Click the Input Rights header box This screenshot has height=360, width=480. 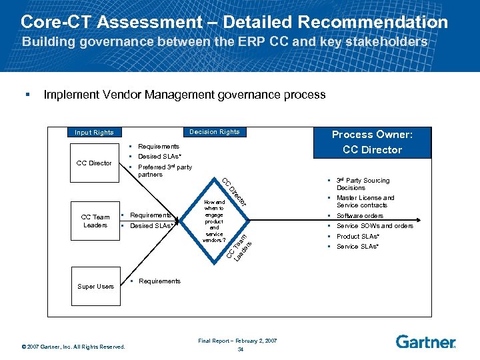click(94, 133)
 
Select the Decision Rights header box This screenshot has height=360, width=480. click(215, 132)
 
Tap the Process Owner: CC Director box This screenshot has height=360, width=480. click(372, 142)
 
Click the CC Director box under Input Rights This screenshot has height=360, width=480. click(95, 163)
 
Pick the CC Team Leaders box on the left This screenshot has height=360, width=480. click(95, 221)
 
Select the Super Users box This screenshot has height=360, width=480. click(95, 287)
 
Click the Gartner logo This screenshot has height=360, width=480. click(425, 342)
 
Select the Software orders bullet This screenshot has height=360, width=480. click(359, 216)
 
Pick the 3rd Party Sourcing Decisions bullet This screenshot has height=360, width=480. click(363, 184)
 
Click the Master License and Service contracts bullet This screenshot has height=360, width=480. click(365, 201)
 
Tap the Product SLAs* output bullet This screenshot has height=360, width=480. click(359, 237)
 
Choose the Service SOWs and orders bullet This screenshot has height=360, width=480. click(375, 226)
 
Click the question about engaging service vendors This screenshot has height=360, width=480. click(215, 221)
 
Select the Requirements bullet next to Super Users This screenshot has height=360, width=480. click(159, 281)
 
